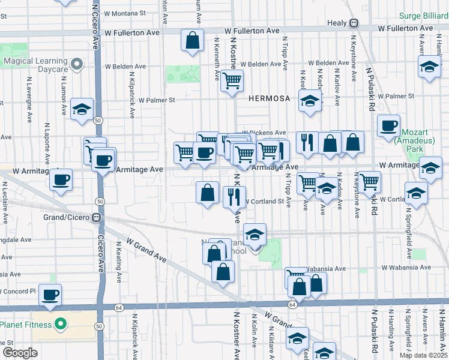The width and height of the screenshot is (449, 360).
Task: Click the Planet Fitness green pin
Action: (x=60, y=325)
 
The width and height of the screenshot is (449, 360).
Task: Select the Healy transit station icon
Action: (x=354, y=23)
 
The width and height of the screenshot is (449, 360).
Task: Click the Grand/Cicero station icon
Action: (x=95, y=217)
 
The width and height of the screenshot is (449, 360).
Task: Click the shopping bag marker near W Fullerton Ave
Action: (x=193, y=41)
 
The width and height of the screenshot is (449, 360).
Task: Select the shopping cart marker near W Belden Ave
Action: (x=232, y=80)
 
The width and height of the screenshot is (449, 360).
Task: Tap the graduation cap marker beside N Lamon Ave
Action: (x=82, y=109)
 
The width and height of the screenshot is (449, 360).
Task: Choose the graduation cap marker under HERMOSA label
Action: (x=310, y=100)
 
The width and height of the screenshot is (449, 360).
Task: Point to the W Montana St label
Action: (x=125, y=13)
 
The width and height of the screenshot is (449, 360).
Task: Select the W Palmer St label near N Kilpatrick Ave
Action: (x=157, y=100)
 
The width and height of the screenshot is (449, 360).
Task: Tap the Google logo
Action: (x=20, y=353)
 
